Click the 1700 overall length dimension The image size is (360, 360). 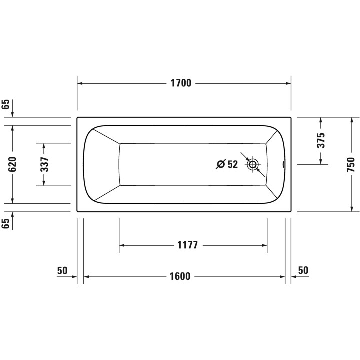coord(181,83)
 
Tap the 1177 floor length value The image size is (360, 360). coord(188,245)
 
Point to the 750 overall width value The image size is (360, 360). coord(351,164)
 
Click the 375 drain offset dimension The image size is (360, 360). coord(321,140)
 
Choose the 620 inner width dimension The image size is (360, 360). coord(13,164)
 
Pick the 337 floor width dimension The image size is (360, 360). coord(44,164)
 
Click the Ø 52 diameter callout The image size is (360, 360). coord(227,164)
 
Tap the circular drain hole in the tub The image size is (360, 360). coord(253,164)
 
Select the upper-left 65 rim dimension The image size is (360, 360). coord(6,105)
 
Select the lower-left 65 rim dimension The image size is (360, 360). coord(6,224)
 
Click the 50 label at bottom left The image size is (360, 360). coord(62,270)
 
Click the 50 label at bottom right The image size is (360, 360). coord(303,270)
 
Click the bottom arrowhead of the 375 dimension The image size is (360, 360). coord(321,161)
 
